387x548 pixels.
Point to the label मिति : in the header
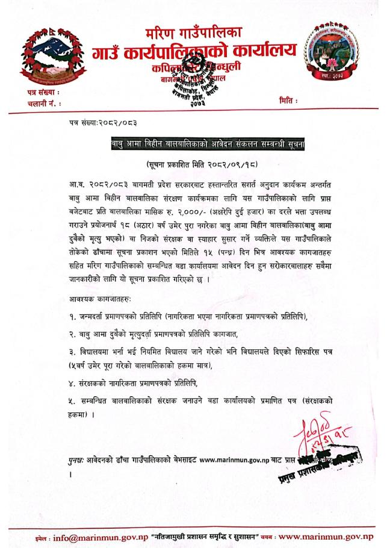[289, 103]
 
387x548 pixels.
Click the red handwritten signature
[316, 434]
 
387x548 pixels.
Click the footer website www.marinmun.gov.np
[327, 536]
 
